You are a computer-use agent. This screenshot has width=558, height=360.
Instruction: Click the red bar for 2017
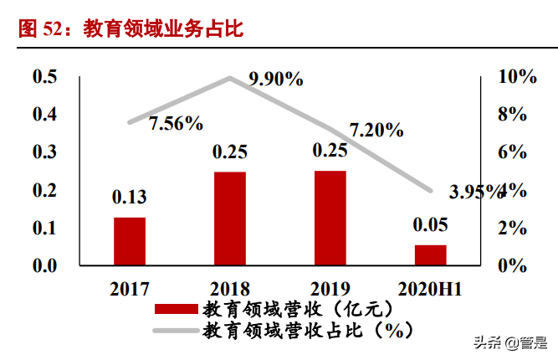130,241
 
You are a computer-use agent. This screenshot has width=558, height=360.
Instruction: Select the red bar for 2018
229,219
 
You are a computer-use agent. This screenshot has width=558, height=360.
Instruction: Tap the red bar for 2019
330,219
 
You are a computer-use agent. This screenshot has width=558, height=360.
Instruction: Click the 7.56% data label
177,124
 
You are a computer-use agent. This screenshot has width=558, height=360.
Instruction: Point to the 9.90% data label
275,80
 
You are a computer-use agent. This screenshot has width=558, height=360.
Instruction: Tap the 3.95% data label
477,192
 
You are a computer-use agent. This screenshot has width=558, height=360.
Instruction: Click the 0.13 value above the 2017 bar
130,198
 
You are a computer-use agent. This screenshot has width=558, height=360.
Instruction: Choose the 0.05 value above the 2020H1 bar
430,224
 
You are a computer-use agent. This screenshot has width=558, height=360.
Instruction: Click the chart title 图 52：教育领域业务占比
130,29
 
